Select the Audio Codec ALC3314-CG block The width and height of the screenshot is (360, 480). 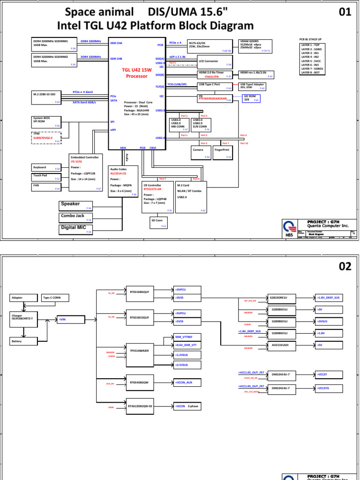[x=123, y=181]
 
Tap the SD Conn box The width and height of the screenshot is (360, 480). [x=159, y=222]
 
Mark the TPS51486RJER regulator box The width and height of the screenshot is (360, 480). [x=140, y=351]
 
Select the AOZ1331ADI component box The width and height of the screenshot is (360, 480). [x=280, y=345]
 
